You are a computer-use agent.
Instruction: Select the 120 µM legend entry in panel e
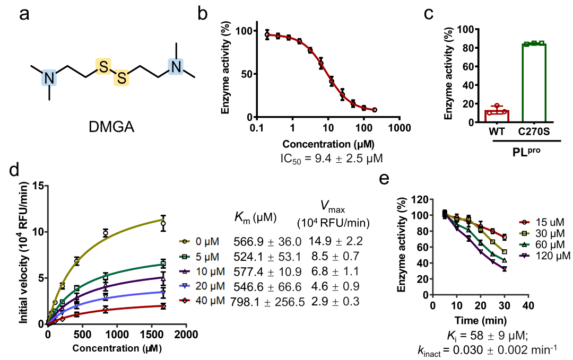538,256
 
